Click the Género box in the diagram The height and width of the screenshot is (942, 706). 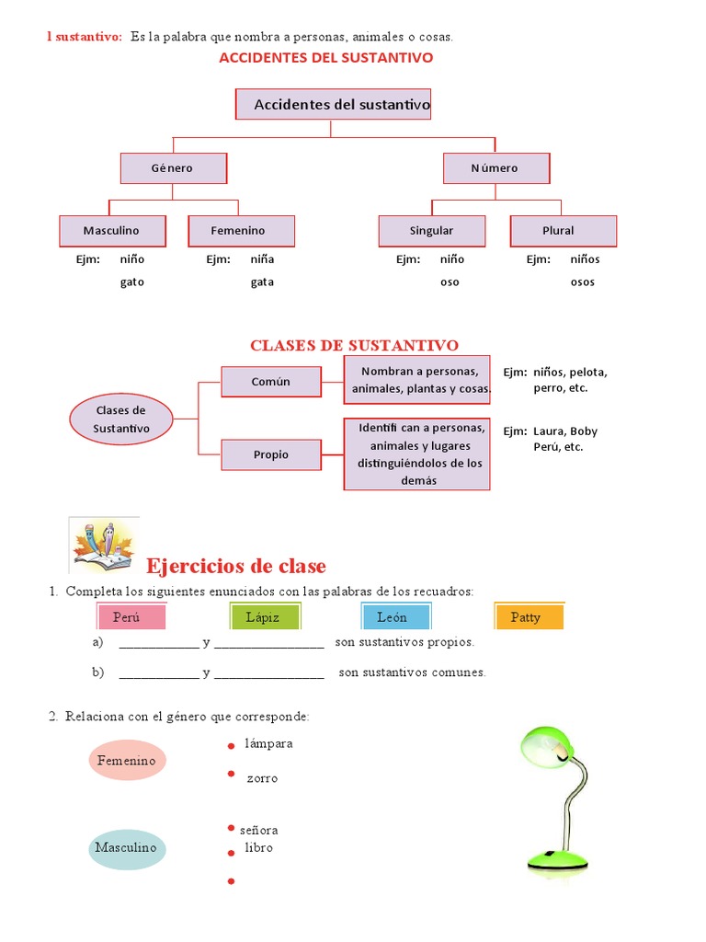[173, 168]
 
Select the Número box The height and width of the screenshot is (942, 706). [495, 168]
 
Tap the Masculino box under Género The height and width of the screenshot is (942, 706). [112, 231]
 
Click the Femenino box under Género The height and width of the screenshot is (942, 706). [240, 231]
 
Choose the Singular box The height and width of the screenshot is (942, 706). [431, 231]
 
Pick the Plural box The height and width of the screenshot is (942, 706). [563, 231]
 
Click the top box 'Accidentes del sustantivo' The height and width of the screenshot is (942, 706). [333, 105]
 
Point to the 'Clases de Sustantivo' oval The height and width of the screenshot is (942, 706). [120, 419]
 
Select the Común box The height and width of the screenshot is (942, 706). [271, 382]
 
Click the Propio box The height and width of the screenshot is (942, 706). [271, 454]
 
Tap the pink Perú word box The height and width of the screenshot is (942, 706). [131, 617]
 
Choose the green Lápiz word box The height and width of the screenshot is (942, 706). [263, 617]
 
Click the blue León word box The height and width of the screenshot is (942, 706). [395, 617]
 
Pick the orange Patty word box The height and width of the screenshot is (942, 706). [528, 617]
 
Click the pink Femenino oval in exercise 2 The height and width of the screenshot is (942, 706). [127, 761]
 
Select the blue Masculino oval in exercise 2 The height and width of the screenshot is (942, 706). [127, 848]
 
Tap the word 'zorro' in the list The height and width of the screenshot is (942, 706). [261, 778]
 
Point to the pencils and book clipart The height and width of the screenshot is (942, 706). [104, 545]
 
